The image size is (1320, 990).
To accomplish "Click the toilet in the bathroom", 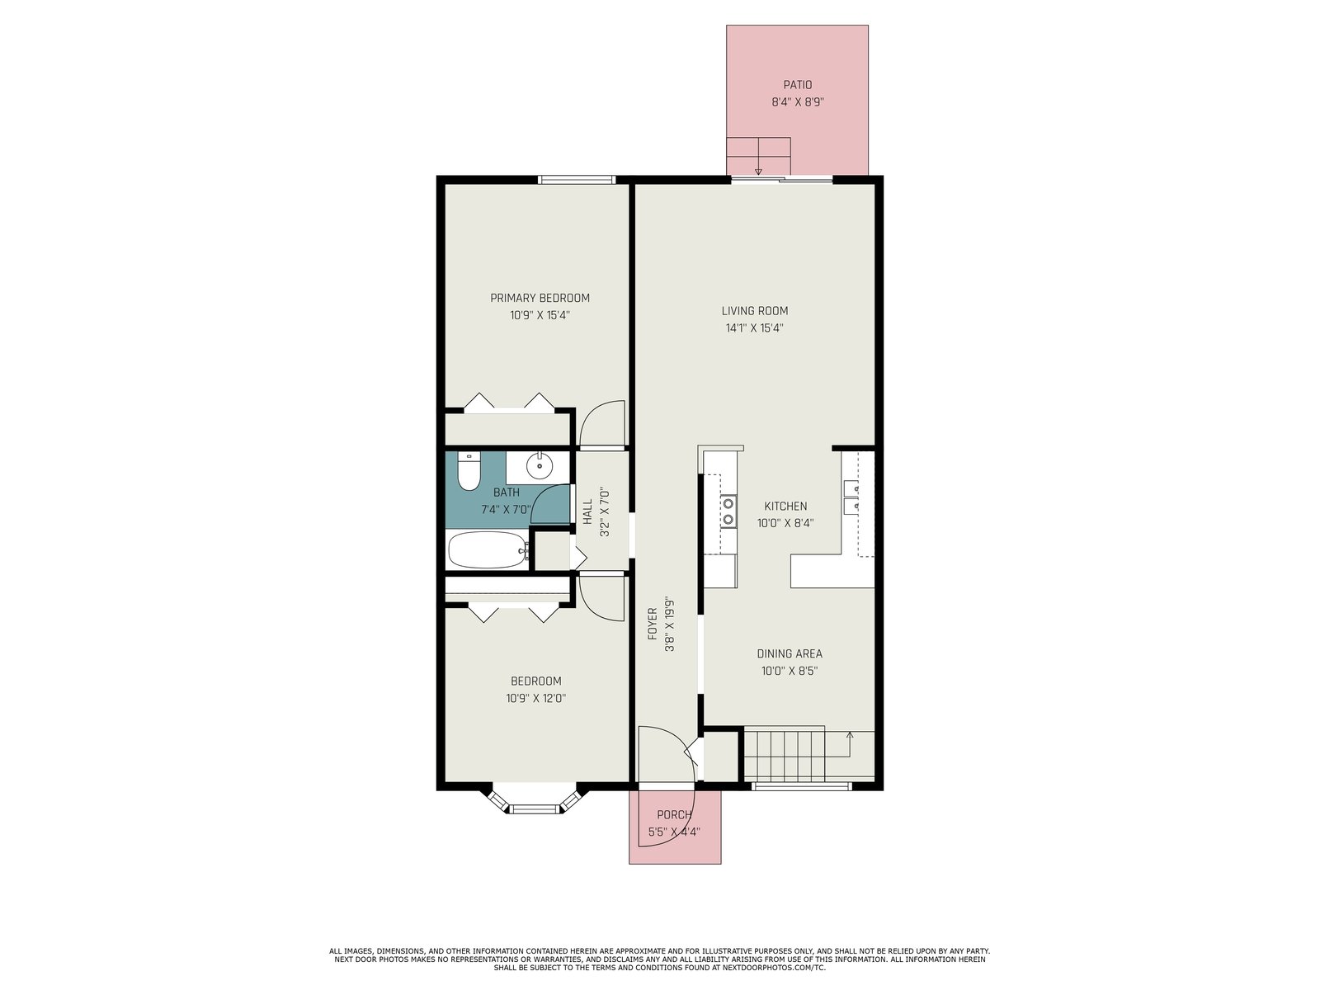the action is tap(468, 470).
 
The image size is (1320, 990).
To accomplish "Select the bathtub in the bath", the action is tap(488, 549).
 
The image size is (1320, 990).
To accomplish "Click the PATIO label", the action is tap(797, 85).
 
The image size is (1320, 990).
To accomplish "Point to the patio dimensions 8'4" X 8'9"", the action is tap(798, 102).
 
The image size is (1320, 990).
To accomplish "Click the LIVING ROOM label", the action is tap(754, 311).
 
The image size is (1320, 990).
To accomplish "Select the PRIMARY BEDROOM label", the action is tap(540, 298).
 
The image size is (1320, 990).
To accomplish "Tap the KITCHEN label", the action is tap(785, 506).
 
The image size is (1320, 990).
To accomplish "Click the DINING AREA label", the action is tap(789, 653).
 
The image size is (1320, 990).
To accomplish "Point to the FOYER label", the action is tap(653, 624).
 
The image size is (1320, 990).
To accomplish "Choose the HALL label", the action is tap(587, 511).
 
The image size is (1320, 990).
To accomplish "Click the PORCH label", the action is tap(673, 814).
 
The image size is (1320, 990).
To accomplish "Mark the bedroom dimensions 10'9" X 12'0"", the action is tap(535, 699).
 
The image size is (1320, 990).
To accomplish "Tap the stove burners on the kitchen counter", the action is tap(728, 511).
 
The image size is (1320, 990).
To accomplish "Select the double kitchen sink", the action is tap(851, 497).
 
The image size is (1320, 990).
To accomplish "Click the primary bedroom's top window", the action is tap(576, 179).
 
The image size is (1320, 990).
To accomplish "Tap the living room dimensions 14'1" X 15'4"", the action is tap(754, 328).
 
